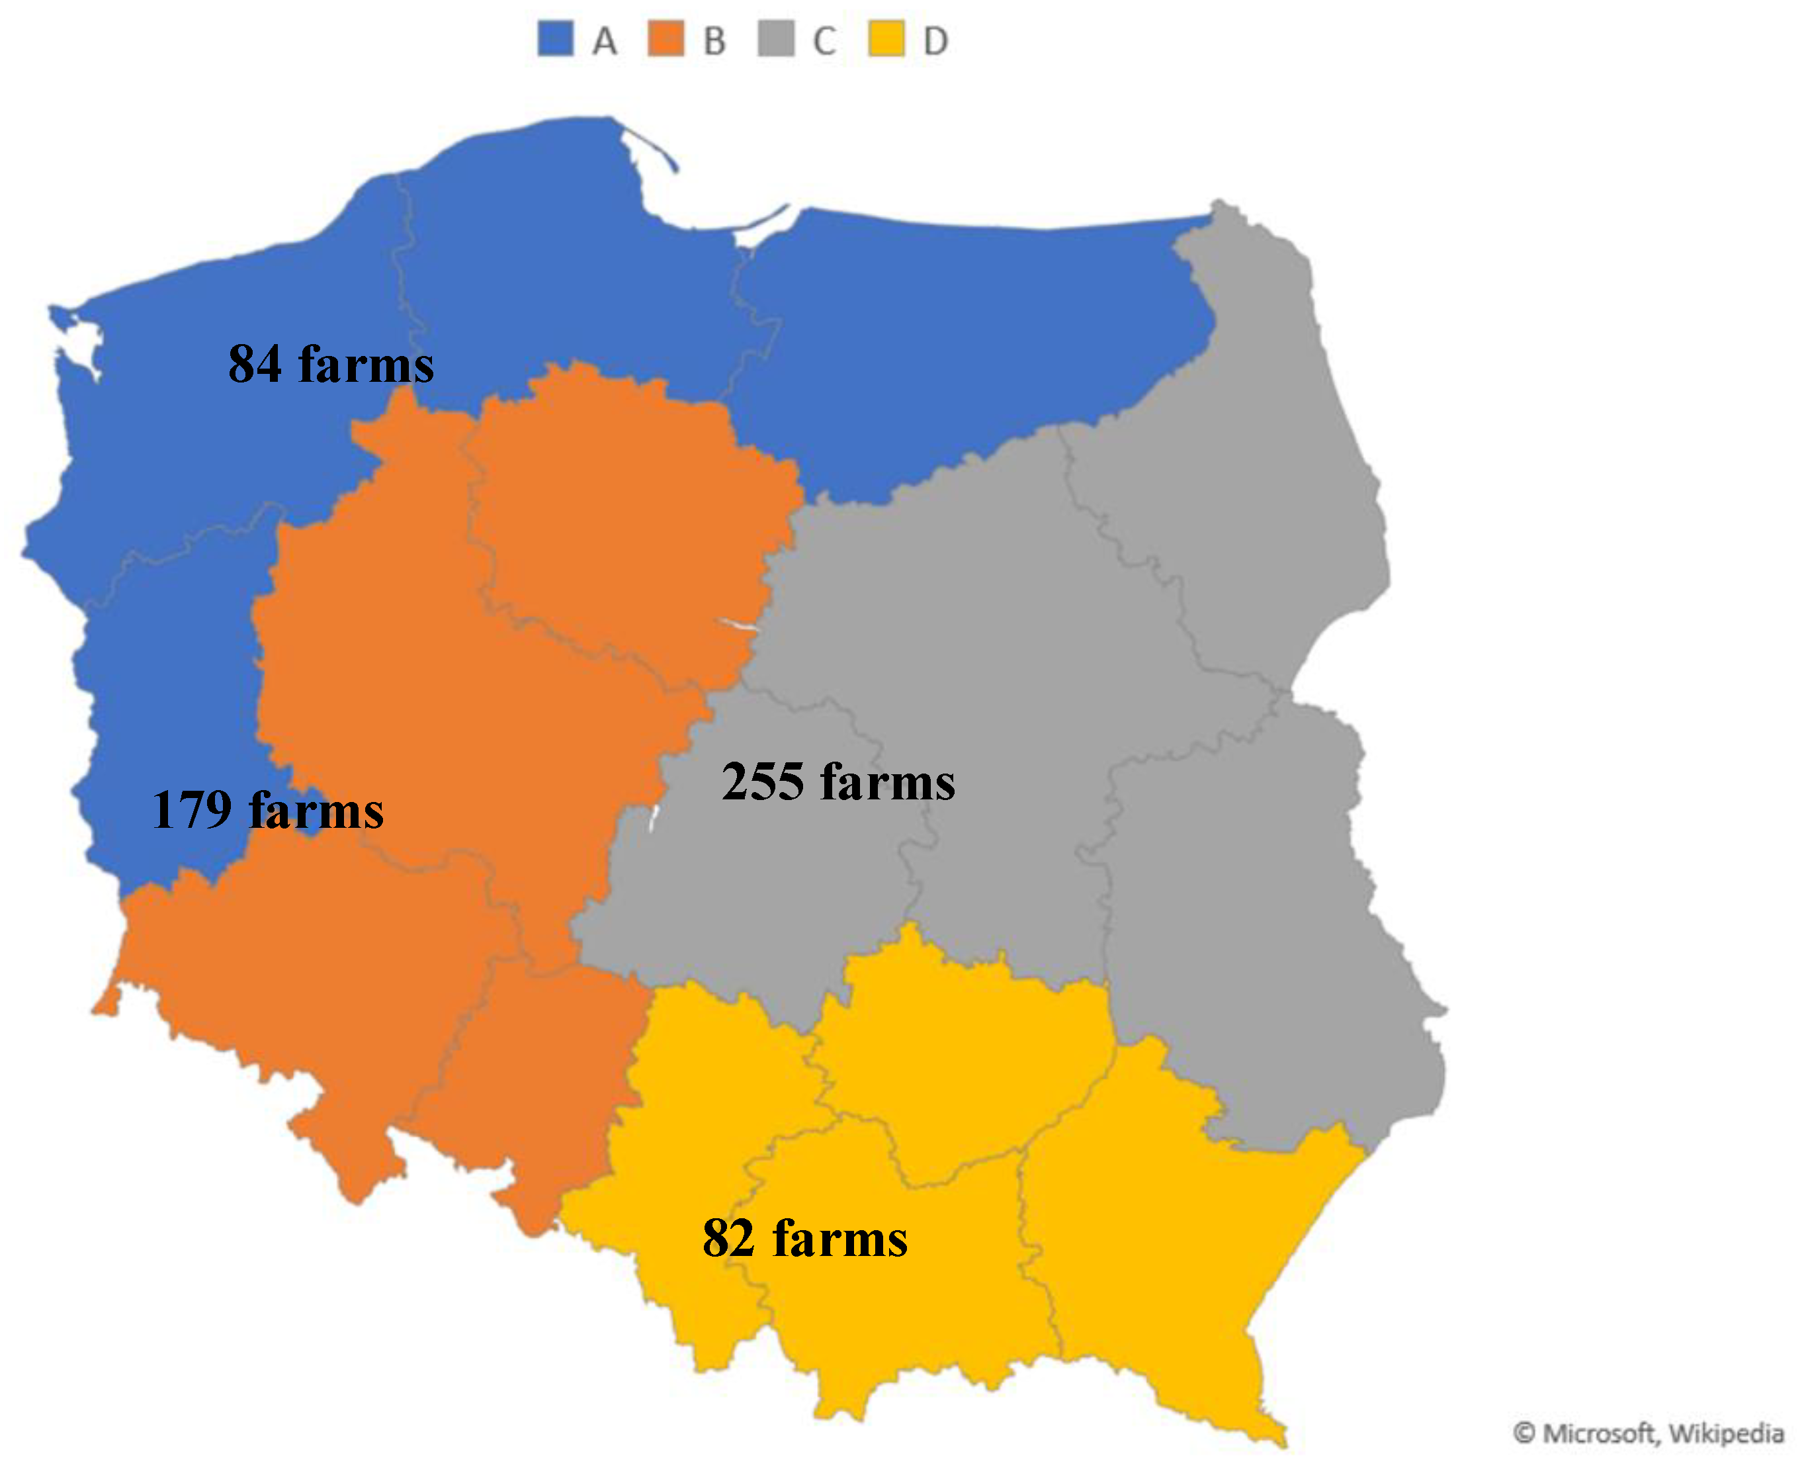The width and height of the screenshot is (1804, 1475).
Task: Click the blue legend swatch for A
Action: (556, 39)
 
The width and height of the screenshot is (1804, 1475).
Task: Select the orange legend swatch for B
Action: (666, 39)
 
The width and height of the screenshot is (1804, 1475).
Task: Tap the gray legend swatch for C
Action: (775, 39)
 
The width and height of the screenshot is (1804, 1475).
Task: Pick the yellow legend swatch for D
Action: (886, 39)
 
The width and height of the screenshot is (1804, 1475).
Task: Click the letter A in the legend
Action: (605, 41)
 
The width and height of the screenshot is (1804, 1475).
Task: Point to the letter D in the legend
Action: (935, 41)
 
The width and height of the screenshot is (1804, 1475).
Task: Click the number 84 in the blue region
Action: (255, 365)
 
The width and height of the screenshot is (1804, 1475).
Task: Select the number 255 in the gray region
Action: (762, 782)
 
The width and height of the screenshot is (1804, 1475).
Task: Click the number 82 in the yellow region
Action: (728, 1239)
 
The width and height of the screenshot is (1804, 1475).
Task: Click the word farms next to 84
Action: (366, 365)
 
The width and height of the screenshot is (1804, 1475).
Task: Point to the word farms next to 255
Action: (888, 782)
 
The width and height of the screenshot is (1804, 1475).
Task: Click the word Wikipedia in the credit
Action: (1725, 1433)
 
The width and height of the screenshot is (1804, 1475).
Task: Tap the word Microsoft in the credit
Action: (1598, 1433)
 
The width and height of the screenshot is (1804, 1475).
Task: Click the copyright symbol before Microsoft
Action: (1525, 1433)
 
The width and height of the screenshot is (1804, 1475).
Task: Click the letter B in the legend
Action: (714, 41)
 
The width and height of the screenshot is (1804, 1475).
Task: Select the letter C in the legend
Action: (824, 41)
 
